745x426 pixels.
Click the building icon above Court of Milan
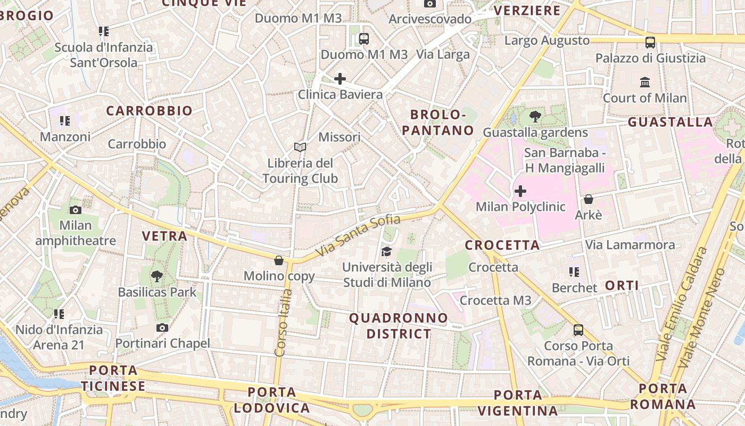click(x=645, y=82)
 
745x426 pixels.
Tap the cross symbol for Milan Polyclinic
click(x=520, y=191)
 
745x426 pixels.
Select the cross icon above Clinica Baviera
click(x=340, y=79)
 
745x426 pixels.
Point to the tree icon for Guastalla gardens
click(x=535, y=117)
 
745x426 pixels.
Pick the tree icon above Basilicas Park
click(x=156, y=276)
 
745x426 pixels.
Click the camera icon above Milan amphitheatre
click(x=75, y=210)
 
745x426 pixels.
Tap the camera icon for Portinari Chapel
click(x=162, y=327)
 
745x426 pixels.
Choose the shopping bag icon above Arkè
click(x=588, y=199)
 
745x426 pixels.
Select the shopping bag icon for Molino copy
click(x=278, y=260)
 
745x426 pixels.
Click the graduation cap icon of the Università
click(x=386, y=251)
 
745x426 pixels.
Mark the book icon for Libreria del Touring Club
click(x=300, y=147)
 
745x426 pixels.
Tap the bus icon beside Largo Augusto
click(x=650, y=42)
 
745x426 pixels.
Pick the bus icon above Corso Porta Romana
click(x=578, y=330)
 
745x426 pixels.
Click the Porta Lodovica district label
click(x=271, y=400)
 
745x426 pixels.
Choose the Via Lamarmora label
click(x=630, y=245)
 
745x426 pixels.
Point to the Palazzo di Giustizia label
click(x=650, y=58)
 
